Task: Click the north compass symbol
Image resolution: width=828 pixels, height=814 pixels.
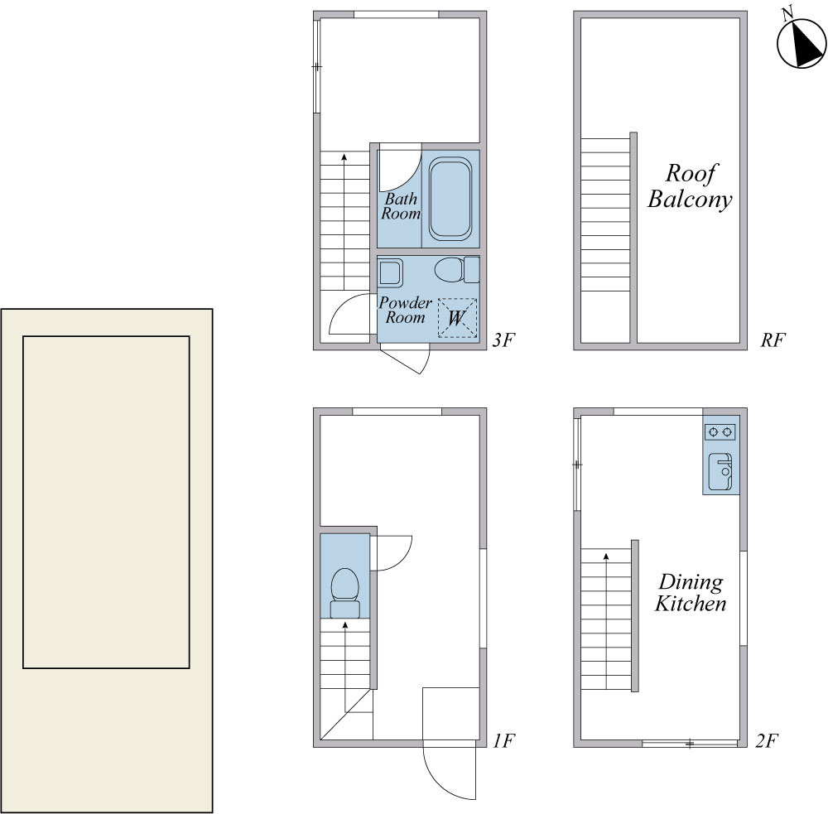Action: click(802, 42)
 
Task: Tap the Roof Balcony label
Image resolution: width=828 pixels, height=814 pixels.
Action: click(691, 186)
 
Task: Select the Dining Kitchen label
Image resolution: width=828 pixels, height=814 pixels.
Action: click(691, 593)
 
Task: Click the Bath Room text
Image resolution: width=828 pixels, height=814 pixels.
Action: click(400, 206)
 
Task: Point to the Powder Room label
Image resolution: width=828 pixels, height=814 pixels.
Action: click(405, 310)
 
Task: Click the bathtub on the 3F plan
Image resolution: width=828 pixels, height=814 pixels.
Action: click(450, 199)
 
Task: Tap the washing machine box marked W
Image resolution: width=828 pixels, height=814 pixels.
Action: click(457, 318)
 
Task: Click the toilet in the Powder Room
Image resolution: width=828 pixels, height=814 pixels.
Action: click(457, 269)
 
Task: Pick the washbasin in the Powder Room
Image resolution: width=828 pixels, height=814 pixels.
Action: click(391, 272)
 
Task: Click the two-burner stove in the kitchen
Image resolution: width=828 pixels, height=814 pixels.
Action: click(720, 432)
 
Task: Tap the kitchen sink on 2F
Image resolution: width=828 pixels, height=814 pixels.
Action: click(720, 471)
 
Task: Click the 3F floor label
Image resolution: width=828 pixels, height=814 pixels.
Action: click(503, 340)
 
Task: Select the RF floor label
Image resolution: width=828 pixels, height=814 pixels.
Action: click(773, 340)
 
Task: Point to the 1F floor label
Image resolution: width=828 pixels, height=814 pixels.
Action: click(503, 740)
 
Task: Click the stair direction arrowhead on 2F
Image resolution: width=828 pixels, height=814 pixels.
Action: click(606, 556)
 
